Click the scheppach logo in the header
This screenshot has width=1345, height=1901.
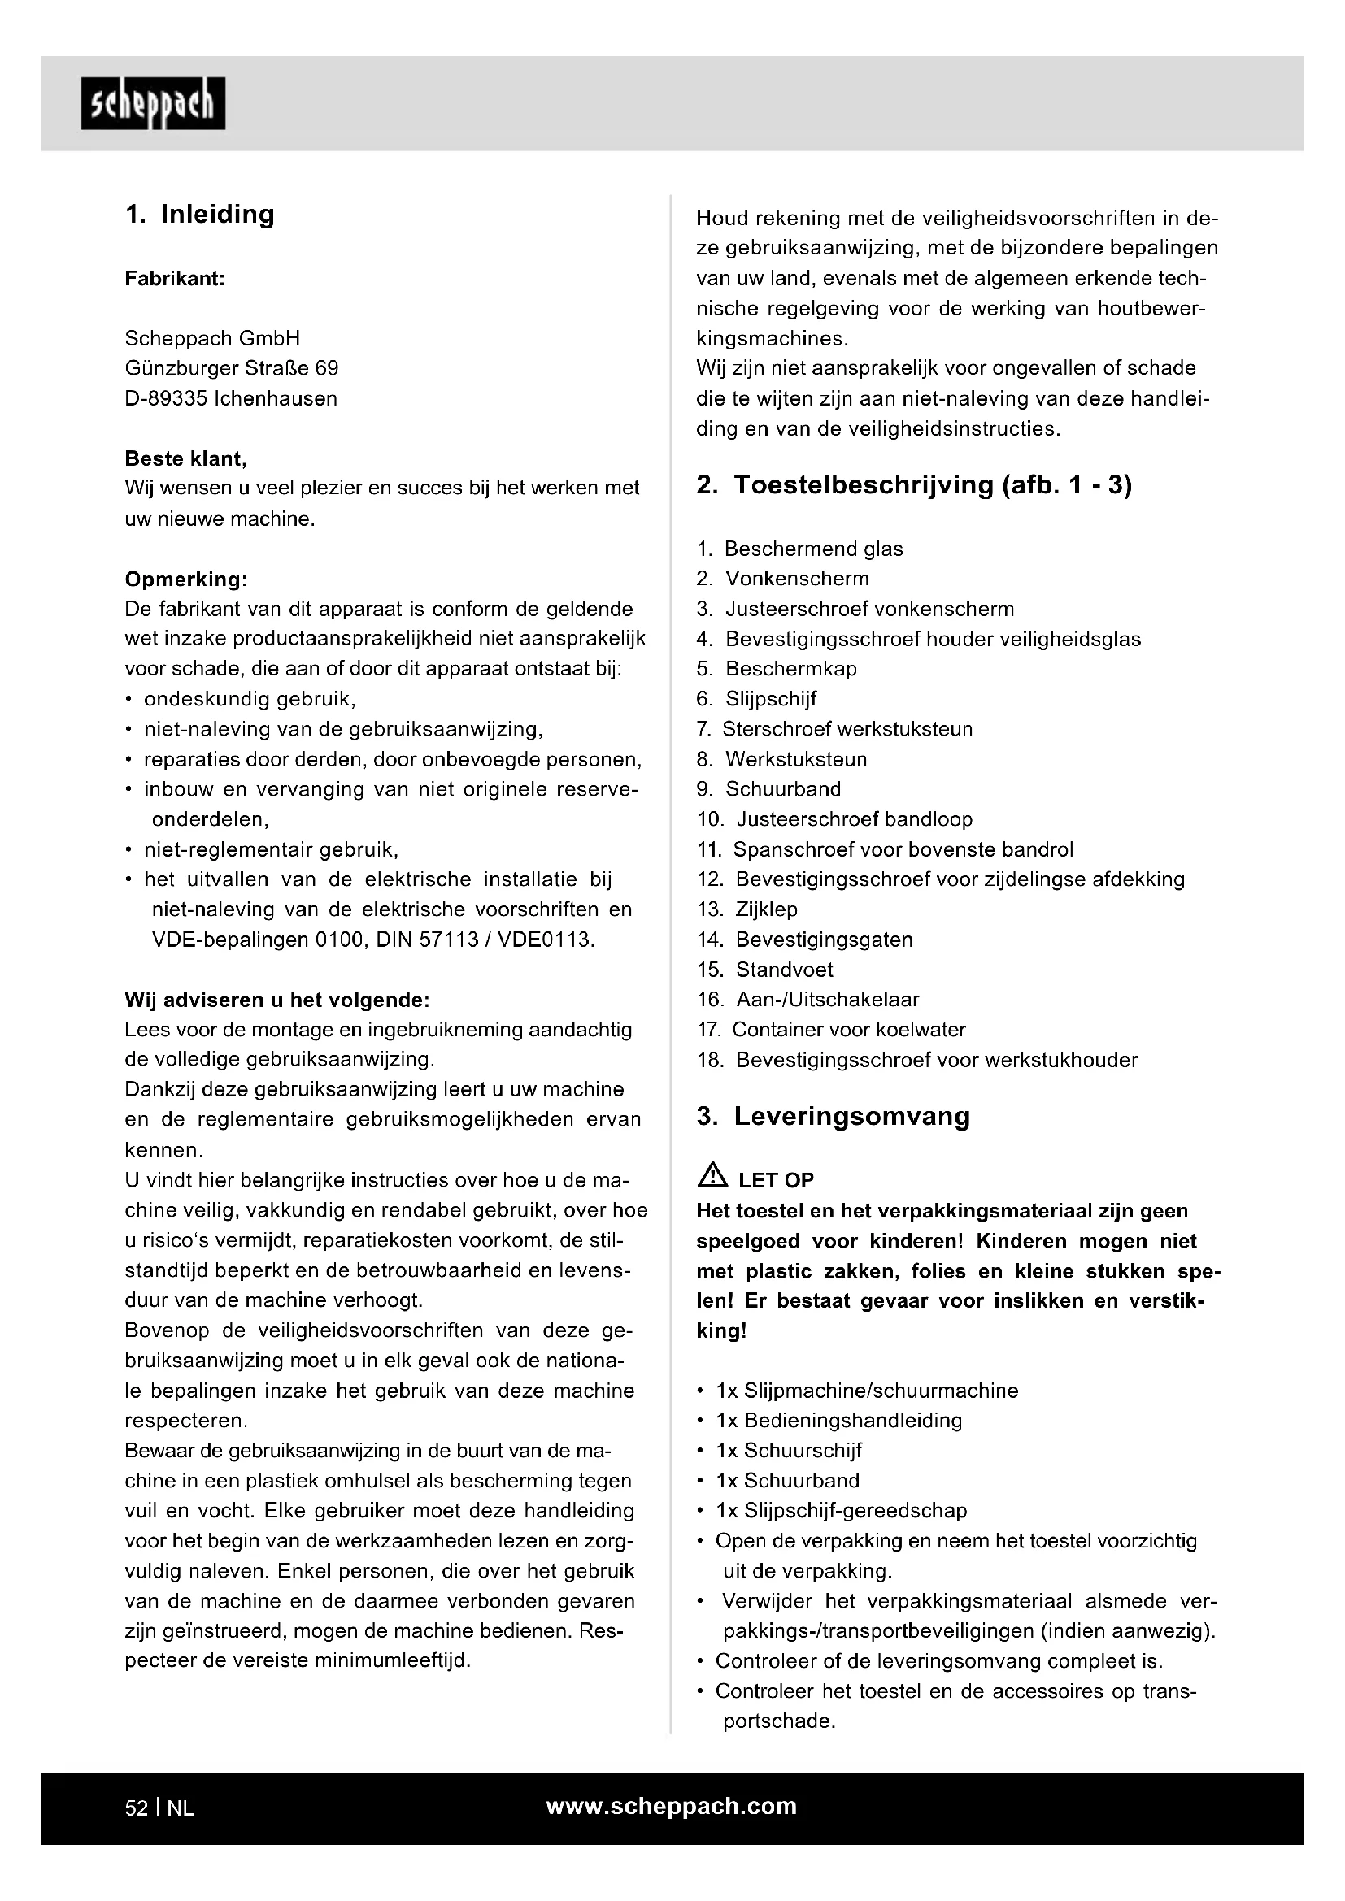pyautogui.click(x=153, y=103)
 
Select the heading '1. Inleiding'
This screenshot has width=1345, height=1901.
pyautogui.click(x=199, y=215)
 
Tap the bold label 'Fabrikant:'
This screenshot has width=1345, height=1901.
pyautogui.click(x=175, y=279)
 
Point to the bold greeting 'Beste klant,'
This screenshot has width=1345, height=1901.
pyautogui.click(x=185, y=458)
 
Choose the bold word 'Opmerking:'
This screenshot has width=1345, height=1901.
pyautogui.click(x=186, y=579)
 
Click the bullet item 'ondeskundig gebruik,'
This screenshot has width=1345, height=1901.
pyautogui.click(x=250, y=700)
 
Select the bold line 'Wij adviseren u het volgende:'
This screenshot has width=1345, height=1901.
pyautogui.click(x=276, y=1000)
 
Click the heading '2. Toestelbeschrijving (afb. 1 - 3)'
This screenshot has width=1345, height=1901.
pyautogui.click(x=913, y=485)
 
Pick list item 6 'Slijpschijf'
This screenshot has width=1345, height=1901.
pyautogui.click(x=770, y=700)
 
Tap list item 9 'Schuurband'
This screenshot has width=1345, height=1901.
pyautogui.click(x=782, y=789)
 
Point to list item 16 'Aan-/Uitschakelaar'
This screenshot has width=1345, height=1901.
pyautogui.click(x=826, y=1000)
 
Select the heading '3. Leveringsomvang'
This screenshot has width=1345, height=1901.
pyautogui.click(x=833, y=1116)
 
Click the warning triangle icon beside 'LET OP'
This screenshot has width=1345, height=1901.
pyautogui.click(x=712, y=1175)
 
